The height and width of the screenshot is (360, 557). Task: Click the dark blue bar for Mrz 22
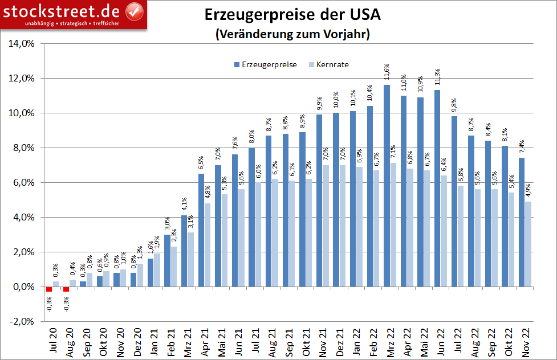click(x=387, y=186)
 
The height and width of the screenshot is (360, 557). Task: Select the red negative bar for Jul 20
click(x=49, y=289)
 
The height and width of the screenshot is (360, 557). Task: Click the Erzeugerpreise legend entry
click(x=265, y=64)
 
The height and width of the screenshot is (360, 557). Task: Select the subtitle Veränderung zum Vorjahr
click(x=292, y=34)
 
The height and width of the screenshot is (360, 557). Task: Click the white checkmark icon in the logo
click(x=133, y=10)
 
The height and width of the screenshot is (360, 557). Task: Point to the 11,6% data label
click(x=387, y=72)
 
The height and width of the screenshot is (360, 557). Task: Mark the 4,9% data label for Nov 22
click(x=527, y=190)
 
